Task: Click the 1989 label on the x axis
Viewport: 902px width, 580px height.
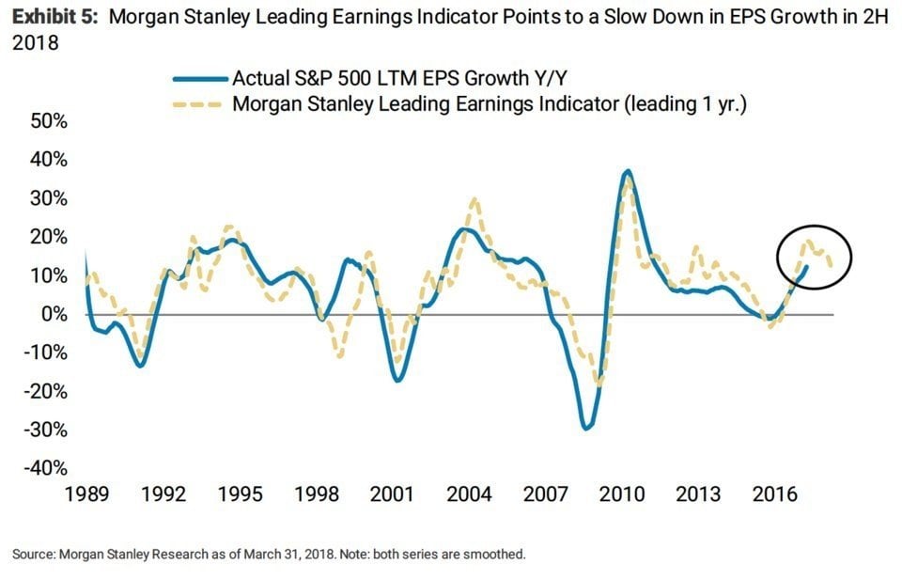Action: point(86,494)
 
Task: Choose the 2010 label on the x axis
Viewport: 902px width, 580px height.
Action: point(621,494)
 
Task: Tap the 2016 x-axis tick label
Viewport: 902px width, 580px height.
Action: point(774,494)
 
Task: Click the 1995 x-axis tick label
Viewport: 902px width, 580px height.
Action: point(240,494)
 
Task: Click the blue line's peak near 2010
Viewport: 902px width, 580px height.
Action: point(627,171)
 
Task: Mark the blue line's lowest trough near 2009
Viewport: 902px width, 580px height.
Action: point(587,429)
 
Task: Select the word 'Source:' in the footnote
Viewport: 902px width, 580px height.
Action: point(36,554)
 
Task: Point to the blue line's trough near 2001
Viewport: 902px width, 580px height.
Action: point(397,380)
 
